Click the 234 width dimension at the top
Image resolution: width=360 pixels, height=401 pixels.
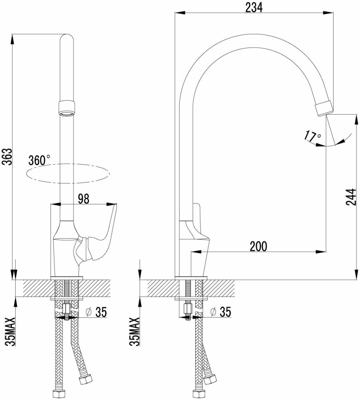click(254, 7)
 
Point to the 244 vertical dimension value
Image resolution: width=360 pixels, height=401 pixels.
click(351, 197)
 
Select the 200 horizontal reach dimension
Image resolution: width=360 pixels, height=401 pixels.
click(258, 246)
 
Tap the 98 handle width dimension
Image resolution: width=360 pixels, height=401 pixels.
click(83, 198)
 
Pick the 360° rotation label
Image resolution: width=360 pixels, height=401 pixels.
click(39, 161)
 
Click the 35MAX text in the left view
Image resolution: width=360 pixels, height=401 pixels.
click(11, 331)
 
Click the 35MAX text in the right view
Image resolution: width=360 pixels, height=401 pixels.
click(135, 331)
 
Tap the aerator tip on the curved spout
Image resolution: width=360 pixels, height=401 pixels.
click(324, 108)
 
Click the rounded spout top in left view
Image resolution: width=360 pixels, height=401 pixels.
click(66, 40)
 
